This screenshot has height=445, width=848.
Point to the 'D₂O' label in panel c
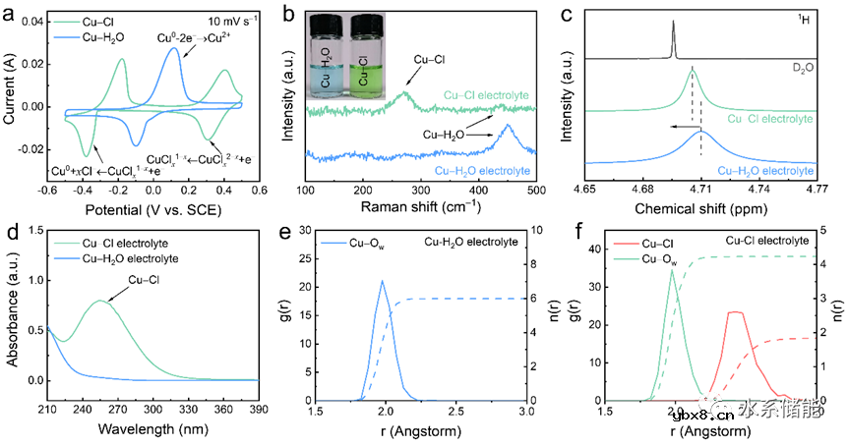pyautogui.click(x=798, y=68)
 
